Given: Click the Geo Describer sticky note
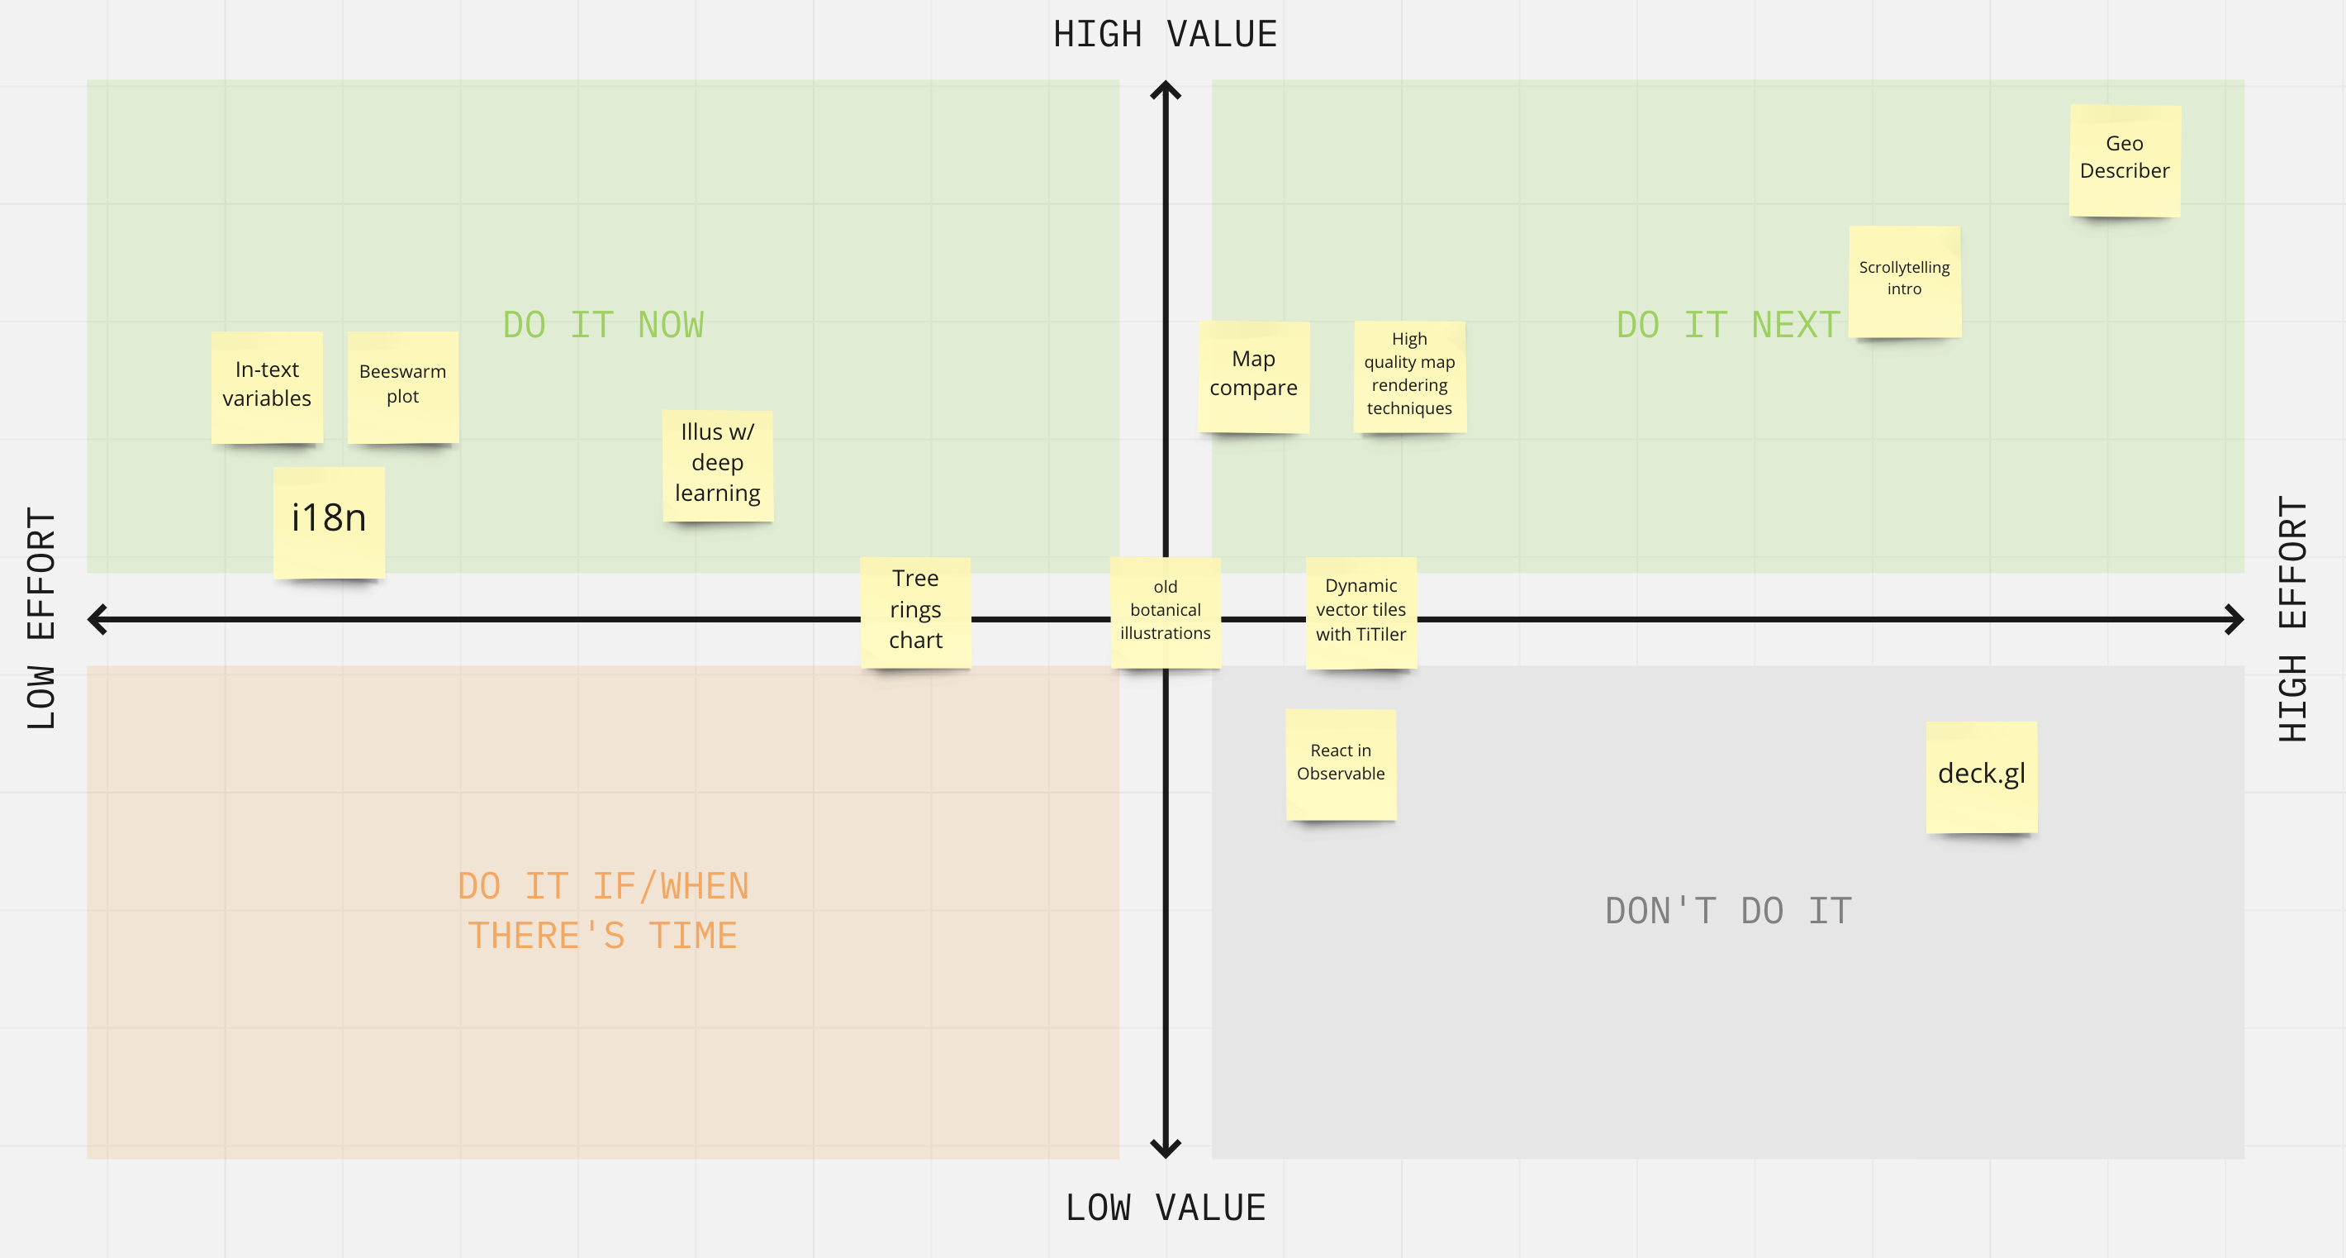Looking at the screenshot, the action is (2125, 160).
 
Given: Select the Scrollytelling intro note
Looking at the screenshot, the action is (1904, 282).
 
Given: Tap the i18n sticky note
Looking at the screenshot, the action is (329, 522).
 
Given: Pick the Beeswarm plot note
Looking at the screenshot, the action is (402, 387).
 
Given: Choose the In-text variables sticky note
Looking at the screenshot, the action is (267, 387).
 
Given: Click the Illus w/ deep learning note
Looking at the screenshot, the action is (718, 465).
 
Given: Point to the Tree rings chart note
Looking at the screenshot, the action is (915, 612).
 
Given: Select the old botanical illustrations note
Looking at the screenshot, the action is (1166, 612).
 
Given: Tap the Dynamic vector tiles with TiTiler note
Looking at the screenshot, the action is (1361, 612).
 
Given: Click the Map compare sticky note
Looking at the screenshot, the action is (1254, 376).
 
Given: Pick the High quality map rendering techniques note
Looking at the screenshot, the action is (1410, 376).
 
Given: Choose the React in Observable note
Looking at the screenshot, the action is (1341, 765).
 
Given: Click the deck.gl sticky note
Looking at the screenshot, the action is (1982, 776).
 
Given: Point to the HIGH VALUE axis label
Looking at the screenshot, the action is (1166, 35).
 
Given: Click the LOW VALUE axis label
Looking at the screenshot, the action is (1166, 1208).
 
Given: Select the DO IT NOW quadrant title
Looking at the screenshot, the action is (603, 325).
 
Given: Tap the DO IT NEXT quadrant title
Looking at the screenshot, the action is (1727, 325).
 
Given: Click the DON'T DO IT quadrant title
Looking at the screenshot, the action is (1727, 911).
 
